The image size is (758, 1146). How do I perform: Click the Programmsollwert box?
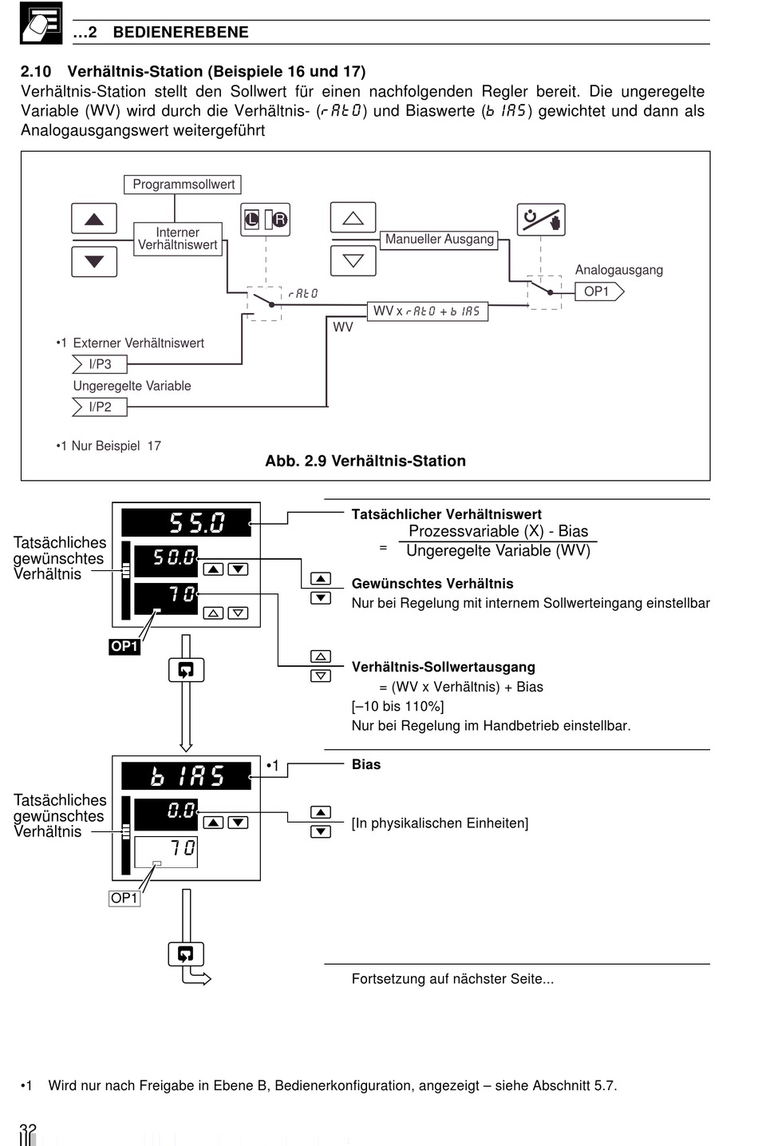(183, 184)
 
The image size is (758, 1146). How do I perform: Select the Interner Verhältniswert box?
(177, 239)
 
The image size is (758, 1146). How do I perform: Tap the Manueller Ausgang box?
(439, 240)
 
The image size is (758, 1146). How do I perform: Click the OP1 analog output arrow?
(599, 291)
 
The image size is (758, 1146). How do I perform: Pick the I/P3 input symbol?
(99, 364)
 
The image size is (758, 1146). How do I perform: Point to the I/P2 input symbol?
(99, 407)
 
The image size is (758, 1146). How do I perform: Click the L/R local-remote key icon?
(265, 220)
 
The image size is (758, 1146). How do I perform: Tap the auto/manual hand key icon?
(541, 220)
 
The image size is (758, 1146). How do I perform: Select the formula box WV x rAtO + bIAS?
(428, 311)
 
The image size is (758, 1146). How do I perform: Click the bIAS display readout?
(186, 775)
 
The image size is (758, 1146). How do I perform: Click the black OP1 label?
(124, 646)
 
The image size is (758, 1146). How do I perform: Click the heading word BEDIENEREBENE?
(180, 32)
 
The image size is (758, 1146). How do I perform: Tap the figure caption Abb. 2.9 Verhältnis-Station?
(365, 461)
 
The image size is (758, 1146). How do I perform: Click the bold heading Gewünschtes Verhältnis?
(432, 584)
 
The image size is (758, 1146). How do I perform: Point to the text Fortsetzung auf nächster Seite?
(452, 979)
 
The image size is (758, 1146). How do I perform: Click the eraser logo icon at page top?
(41, 23)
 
